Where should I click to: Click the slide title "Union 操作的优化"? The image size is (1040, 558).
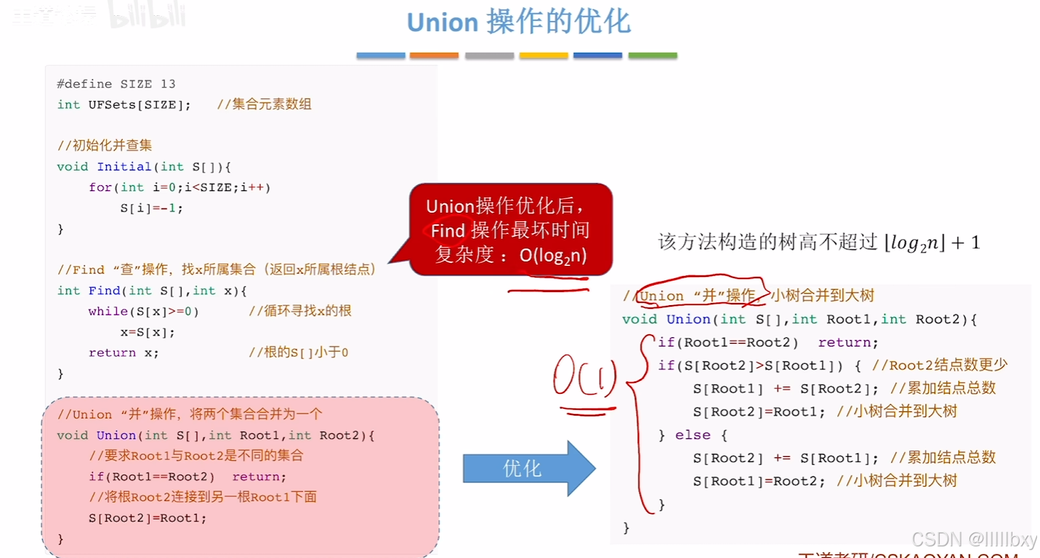tap(518, 23)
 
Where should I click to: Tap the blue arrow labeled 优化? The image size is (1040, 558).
tap(528, 469)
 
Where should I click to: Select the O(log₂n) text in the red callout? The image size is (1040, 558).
tap(553, 255)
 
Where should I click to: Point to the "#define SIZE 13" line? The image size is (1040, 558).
tap(116, 84)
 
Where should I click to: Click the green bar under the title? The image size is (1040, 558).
tap(652, 55)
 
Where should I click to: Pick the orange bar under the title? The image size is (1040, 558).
tap(434, 55)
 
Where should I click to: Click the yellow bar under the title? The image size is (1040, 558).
tap(543, 55)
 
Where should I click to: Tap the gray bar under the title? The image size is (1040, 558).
tap(489, 55)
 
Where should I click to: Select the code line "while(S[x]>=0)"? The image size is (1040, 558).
tap(144, 311)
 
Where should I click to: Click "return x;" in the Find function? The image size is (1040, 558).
tap(124, 352)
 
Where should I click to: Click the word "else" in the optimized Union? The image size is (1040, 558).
tap(693, 434)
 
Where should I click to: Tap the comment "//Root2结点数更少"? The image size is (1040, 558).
tap(940, 365)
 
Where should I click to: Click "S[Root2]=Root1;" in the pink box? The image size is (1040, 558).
tap(148, 518)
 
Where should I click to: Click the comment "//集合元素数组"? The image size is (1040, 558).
tap(264, 105)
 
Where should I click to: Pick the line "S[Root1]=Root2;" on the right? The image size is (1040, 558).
tap(759, 481)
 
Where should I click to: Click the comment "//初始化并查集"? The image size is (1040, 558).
tap(105, 145)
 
